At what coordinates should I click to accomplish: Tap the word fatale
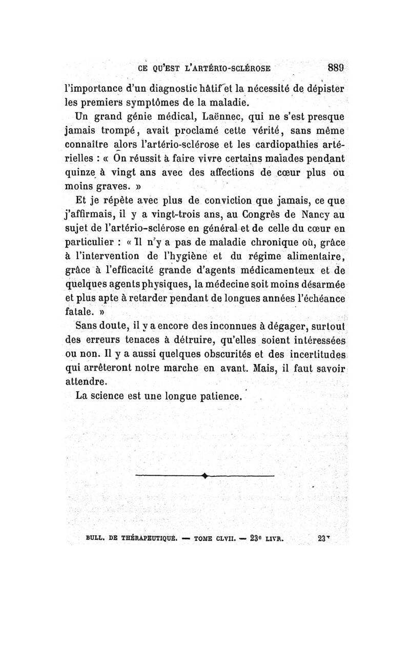pos(90,311)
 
